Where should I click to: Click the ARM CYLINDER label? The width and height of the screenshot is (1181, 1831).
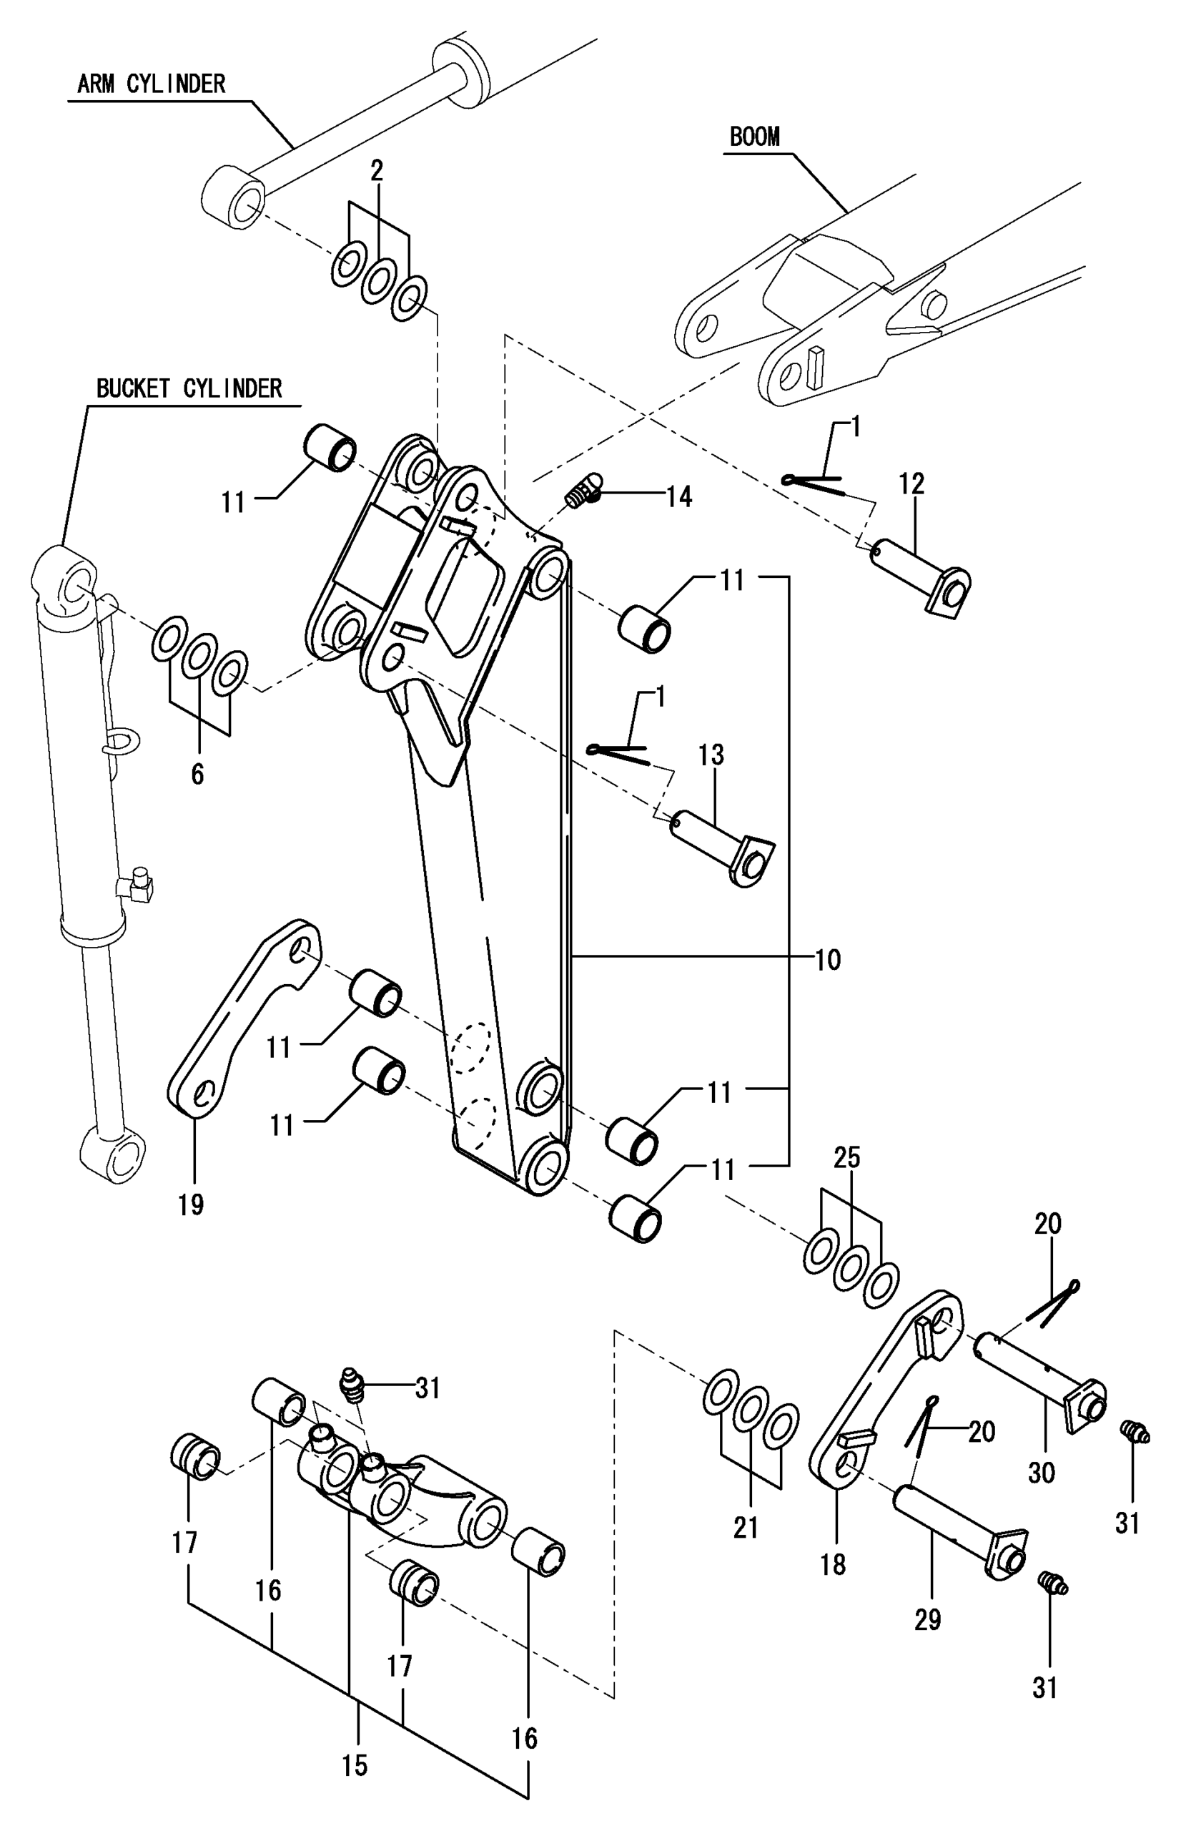(151, 84)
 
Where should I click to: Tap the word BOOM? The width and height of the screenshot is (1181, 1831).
(755, 137)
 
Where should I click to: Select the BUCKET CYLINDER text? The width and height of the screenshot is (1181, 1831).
(189, 388)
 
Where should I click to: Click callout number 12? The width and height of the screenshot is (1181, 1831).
(911, 483)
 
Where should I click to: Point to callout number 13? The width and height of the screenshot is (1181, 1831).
(711, 755)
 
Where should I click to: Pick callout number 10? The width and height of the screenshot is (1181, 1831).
(827, 960)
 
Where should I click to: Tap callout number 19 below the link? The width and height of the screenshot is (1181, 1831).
(191, 1204)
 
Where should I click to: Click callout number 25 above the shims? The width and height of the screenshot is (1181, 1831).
(846, 1157)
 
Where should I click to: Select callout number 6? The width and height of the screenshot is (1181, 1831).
(197, 775)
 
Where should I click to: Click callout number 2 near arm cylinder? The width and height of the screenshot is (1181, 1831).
(377, 171)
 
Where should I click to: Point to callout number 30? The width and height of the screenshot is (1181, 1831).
(1041, 1472)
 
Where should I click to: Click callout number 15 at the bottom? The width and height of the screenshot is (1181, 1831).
(355, 1765)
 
